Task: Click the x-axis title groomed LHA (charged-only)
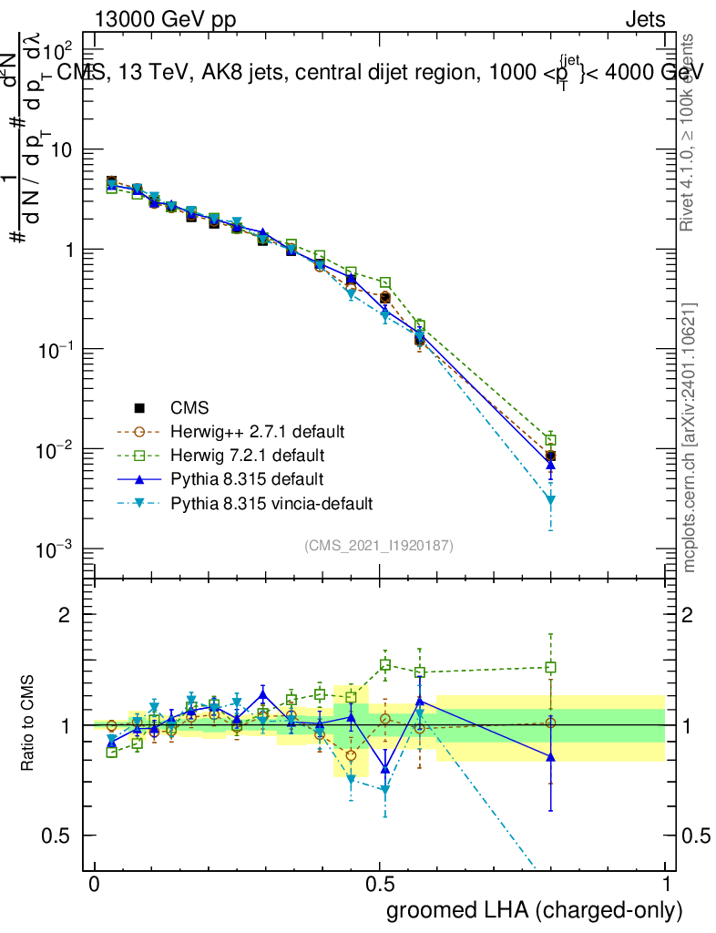tap(536, 910)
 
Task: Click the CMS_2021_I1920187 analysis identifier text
tap(379, 545)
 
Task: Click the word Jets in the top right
tap(645, 20)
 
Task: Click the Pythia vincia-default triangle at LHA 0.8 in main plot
tap(550, 500)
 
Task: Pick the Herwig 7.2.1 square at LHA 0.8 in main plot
tap(550, 440)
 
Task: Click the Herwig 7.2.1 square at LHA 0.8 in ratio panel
tap(550, 667)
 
